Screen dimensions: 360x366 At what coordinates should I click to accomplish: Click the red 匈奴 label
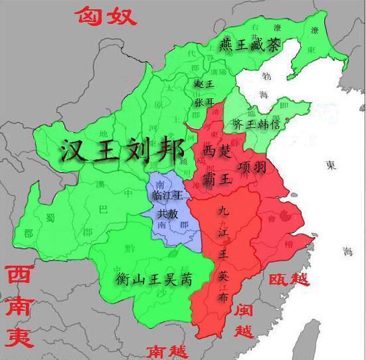coord(106,14)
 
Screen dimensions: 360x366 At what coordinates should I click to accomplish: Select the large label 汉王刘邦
coord(122,151)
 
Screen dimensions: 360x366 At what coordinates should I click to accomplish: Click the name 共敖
coord(167,215)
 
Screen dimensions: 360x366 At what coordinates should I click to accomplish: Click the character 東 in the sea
coord(330,165)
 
